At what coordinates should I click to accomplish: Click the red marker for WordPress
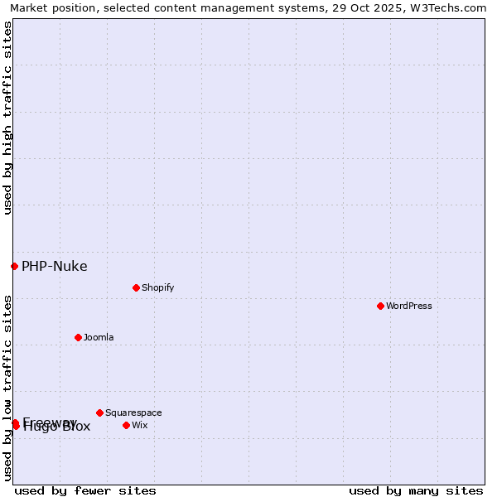click(x=380, y=306)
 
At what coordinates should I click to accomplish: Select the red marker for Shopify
click(x=136, y=287)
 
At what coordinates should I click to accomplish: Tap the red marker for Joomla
click(x=78, y=337)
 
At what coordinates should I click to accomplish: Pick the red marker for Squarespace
click(x=99, y=413)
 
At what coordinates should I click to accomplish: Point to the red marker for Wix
click(x=126, y=425)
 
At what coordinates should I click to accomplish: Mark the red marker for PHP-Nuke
click(x=14, y=266)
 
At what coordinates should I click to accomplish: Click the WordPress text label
click(x=409, y=306)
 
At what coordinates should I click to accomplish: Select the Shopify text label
click(x=157, y=287)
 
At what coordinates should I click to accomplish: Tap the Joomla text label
click(x=99, y=337)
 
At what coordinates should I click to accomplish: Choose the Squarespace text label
click(x=133, y=413)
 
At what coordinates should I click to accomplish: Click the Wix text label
click(x=139, y=425)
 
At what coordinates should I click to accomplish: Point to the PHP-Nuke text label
click(x=54, y=266)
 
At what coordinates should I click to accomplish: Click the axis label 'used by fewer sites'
click(x=85, y=490)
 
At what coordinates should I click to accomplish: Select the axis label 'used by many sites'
click(x=416, y=490)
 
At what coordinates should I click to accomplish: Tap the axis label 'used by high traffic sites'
click(x=7, y=118)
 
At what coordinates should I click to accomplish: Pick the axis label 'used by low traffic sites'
click(x=7, y=388)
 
